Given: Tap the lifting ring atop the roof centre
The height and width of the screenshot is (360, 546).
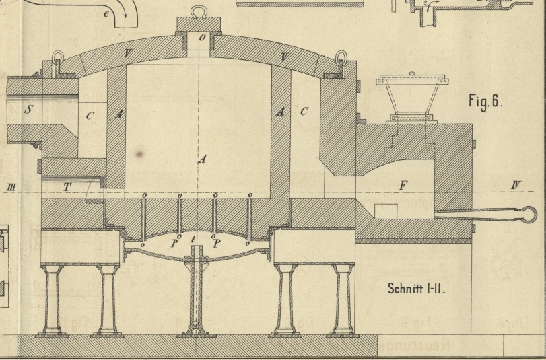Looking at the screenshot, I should point(199,11).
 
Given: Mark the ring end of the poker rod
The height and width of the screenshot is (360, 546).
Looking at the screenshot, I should point(526,213).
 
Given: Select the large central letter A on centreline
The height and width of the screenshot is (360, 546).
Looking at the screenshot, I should point(201,159).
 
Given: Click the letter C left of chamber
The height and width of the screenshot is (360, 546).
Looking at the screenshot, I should point(90,116).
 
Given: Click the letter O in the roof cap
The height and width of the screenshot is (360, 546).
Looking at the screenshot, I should point(202,38).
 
